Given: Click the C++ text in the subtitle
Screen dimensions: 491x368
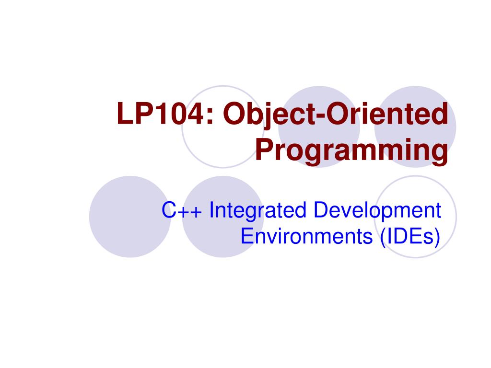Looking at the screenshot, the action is point(182,210).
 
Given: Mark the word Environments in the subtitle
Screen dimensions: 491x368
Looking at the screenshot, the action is point(306,236).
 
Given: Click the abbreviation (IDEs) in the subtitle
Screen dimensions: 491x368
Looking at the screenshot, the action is point(410,238).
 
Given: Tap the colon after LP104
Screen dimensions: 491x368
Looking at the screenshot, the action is point(210,116).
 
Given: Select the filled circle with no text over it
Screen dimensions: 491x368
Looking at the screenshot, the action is point(130,217).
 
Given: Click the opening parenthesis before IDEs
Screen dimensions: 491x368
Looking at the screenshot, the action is point(383,238).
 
